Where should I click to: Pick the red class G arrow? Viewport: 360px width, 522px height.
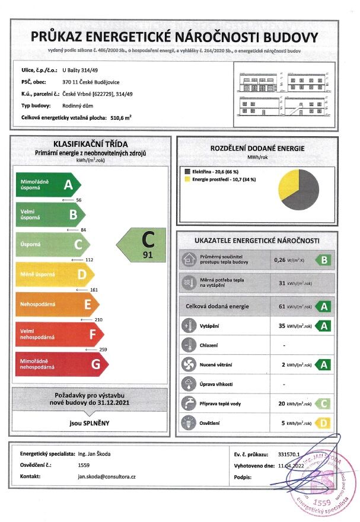(59, 364)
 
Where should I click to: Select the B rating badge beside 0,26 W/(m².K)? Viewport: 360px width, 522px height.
(323, 260)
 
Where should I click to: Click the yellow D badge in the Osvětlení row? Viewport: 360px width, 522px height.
(323, 423)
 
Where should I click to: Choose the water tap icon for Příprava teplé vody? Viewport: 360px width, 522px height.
(189, 403)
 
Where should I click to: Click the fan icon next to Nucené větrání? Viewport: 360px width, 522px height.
(189, 364)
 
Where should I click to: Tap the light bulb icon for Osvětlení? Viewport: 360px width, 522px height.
(189, 423)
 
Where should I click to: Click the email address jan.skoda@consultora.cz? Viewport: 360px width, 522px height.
(107, 476)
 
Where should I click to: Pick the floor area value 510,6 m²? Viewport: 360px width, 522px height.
(121, 118)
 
